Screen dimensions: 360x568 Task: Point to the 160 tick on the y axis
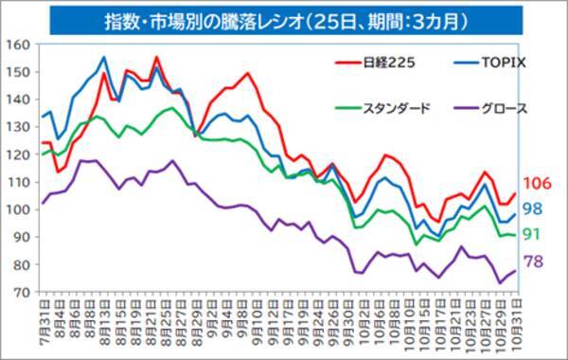(19, 45)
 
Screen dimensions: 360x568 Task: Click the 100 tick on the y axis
(19, 209)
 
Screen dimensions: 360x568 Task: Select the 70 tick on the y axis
(21, 292)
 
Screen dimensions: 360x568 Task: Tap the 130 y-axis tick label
(19, 127)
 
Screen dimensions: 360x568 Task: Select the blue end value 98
(535, 208)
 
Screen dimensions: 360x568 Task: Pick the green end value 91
(535, 233)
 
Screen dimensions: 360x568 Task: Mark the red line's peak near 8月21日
(156, 58)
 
